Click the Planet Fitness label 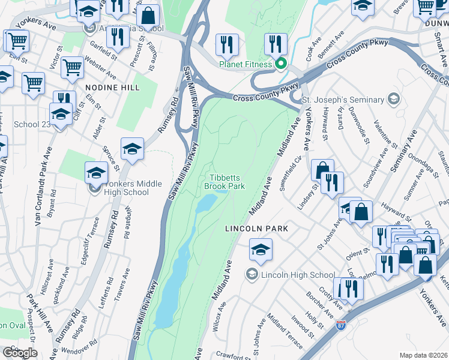[x=246, y=64]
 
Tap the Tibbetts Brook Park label [x=228, y=182]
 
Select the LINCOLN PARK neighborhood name [x=257, y=229]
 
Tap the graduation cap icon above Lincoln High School [x=261, y=250]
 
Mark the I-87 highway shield [x=340, y=325]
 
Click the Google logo [x=20, y=353]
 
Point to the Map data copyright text [x=423, y=355]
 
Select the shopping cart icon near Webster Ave [x=72, y=68]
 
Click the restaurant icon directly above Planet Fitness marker [x=276, y=44]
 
